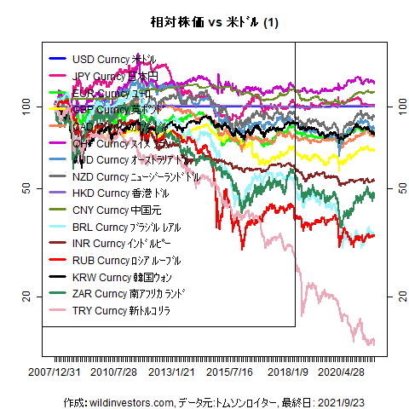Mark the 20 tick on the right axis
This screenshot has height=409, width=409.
coord(394,296)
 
